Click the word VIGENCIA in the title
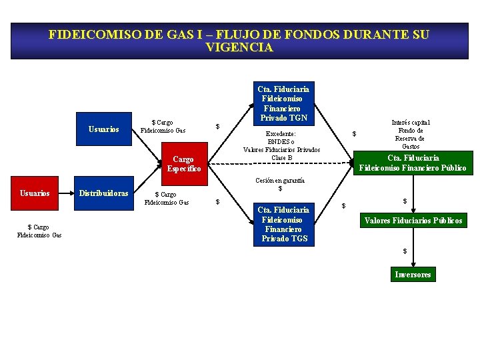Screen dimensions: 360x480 [239, 48]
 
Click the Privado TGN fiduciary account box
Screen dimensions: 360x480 [283, 103]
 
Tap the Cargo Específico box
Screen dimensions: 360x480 [183, 164]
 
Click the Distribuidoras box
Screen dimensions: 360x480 [104, 193]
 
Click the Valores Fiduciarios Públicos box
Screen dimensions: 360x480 [413, 221]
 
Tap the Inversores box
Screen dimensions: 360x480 [413, 274]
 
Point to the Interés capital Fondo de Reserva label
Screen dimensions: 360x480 [410, 134]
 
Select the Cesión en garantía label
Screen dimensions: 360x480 [280, 185]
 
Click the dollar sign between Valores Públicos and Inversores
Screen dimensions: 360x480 [404, 251]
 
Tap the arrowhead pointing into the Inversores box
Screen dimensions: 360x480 [413, 265]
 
